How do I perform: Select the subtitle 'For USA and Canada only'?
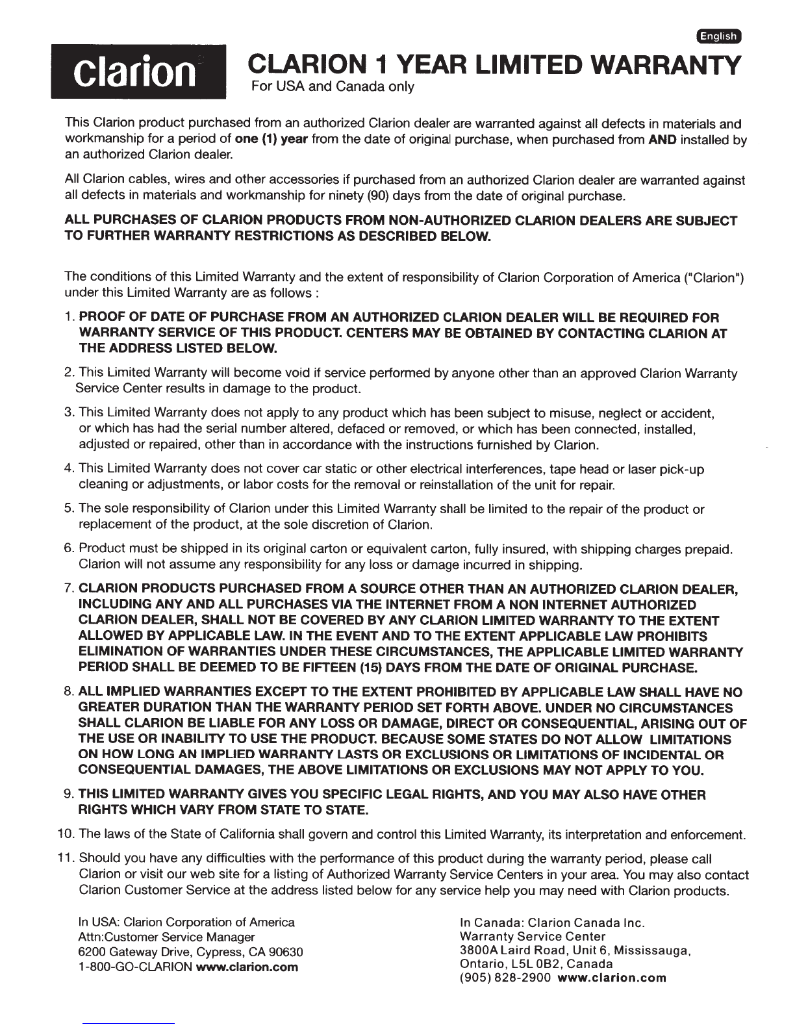333,86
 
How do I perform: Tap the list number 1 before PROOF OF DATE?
70,318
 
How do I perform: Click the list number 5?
69,509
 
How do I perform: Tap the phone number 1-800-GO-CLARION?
135,967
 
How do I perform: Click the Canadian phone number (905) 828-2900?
505,978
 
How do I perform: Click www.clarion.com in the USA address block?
247,967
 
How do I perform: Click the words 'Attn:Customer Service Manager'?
166,937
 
